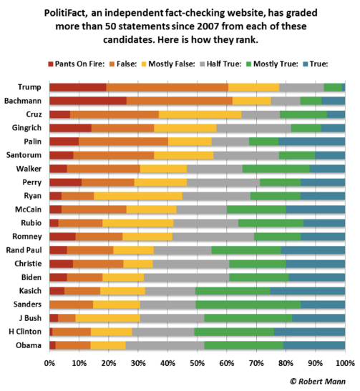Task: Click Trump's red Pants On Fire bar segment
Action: pyautogui.click(x=78, y=87)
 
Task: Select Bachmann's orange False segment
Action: pyautogui.click(x=180, y=101)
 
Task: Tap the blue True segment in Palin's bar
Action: pyautogui.click(x=312, y=142)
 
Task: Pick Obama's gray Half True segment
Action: pyautogui.click(x=165, y=345)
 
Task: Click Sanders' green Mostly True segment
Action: pyautogui.click(x=248, y=305)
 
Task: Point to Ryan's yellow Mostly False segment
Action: pyautogui.click(x=138, y=196)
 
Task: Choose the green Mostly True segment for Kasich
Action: pyautogui.click(x=233, y=291)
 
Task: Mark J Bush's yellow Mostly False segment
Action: pyautogui.click(x=108, y=318)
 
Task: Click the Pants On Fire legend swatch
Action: pyautogui.click(x=51, y=64)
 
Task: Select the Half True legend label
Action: pyautogui.click(x=224, y=64)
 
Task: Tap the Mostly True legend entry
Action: pyautogui.click(x=273, y=64)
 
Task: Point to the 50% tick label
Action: pyautogui.click(x=198, y=363)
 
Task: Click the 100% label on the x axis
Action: pyautogui.click(x=346, y=363)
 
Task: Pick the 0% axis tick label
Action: pyautogui.click(x=49, y=363)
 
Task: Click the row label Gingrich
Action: pyautogui.click(x=26, y=128)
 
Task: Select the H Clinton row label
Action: pyautogui.click(x=25, y=332)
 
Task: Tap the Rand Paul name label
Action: pyautogui.click(x=24, y=250)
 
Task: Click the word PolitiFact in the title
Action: pyautogui.click(x=66, y=13)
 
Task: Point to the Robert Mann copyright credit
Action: pyautogui.click(x=318, y=381)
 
